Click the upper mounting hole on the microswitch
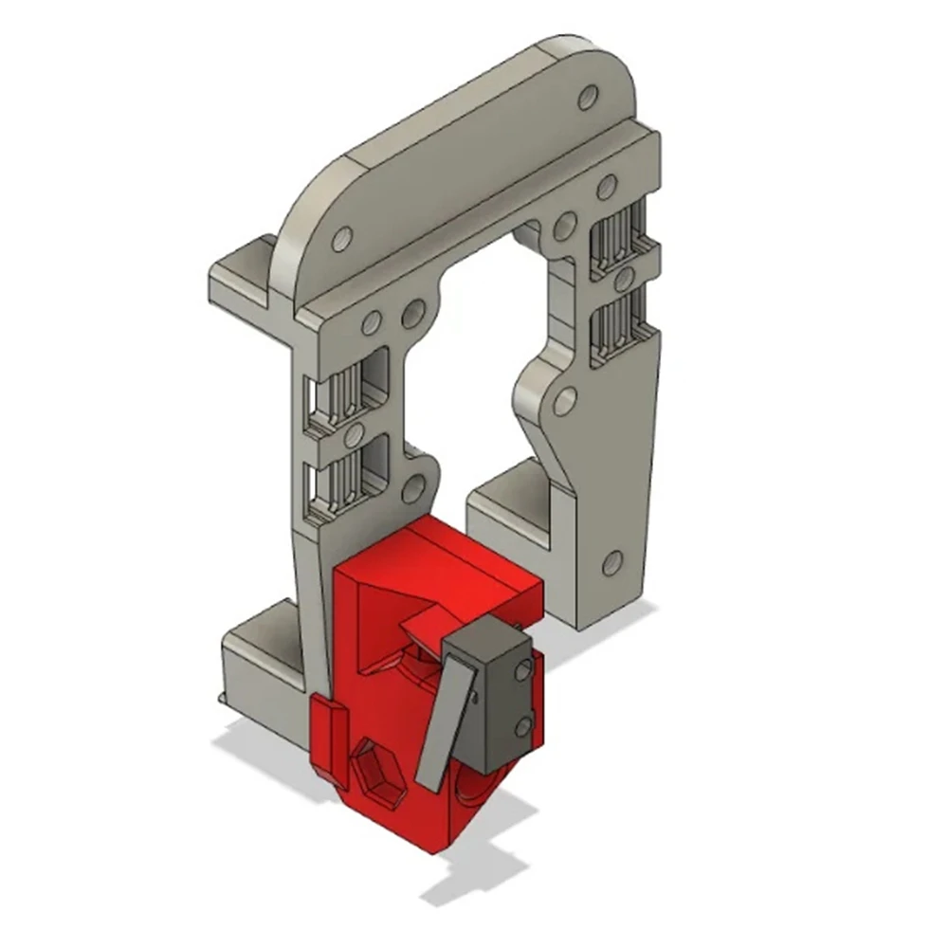[x=522, y=670]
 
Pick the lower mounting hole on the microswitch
[x=523, y=727]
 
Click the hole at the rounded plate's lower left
[x=341, y=237]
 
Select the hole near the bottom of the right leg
[x=612, y=562]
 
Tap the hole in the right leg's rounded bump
[x=565, y=400]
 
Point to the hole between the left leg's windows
[x=355, y=435]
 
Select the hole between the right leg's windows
[x=623, y=281]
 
